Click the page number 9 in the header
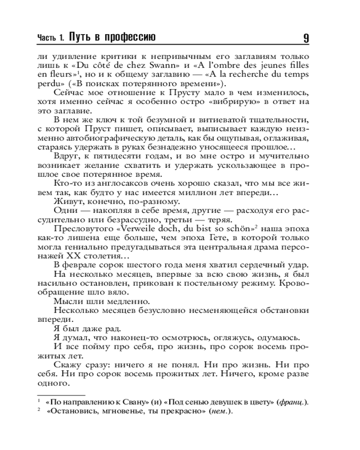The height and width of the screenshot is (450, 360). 306,38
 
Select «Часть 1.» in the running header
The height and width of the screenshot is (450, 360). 51,39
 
